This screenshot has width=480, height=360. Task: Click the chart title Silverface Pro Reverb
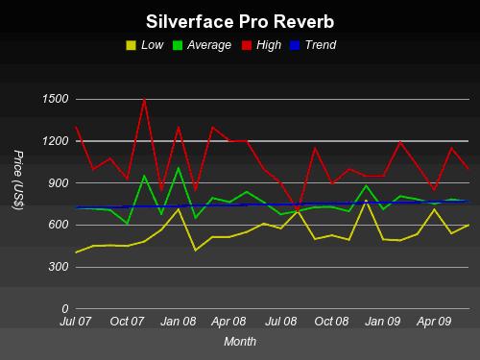click(x=239, y=21)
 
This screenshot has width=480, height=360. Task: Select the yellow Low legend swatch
click(x=131, y=44)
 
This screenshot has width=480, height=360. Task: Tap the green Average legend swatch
click(x=179, y=44)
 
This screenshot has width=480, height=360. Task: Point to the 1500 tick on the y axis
click(x=55, y=100)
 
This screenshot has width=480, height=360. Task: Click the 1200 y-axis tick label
click(x=55, y=141)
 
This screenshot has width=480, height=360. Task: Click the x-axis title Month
click(x=239, y=341)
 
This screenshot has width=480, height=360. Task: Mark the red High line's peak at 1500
click(x=144, y=99)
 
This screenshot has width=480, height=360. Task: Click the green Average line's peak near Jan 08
click(x=179, y=168)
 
